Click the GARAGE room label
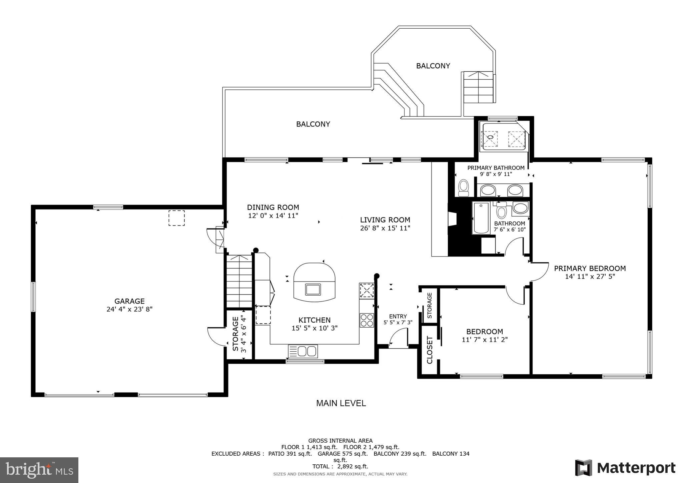point(129,301)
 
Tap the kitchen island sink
point(313,289)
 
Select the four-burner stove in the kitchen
point(367,320)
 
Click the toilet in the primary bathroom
point(463,188)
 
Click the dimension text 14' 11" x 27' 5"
point(590,276)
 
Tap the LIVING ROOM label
point(385,220)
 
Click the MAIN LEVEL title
point(341,403)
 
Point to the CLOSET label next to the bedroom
point(429,350)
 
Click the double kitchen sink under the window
point(303,351)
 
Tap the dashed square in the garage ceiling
point(176,218)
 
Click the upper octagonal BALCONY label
point(433,66)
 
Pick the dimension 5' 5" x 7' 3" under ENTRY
point(398,323)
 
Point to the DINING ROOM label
point(273,207)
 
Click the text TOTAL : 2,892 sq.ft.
point(340,466)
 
